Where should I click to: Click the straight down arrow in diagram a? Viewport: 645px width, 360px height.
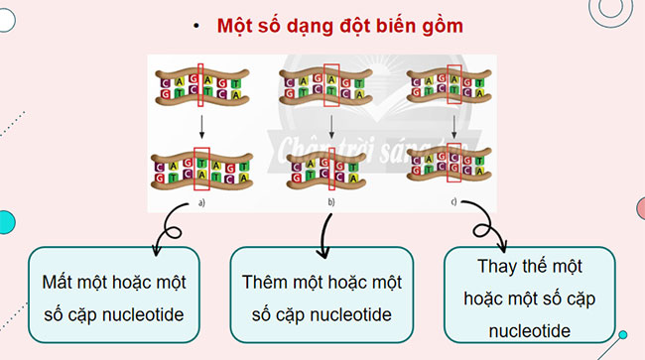201,125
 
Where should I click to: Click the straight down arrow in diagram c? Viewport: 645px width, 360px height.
453,125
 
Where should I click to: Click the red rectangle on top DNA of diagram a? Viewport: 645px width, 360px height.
202,85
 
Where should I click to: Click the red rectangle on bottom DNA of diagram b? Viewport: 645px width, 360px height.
331,171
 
